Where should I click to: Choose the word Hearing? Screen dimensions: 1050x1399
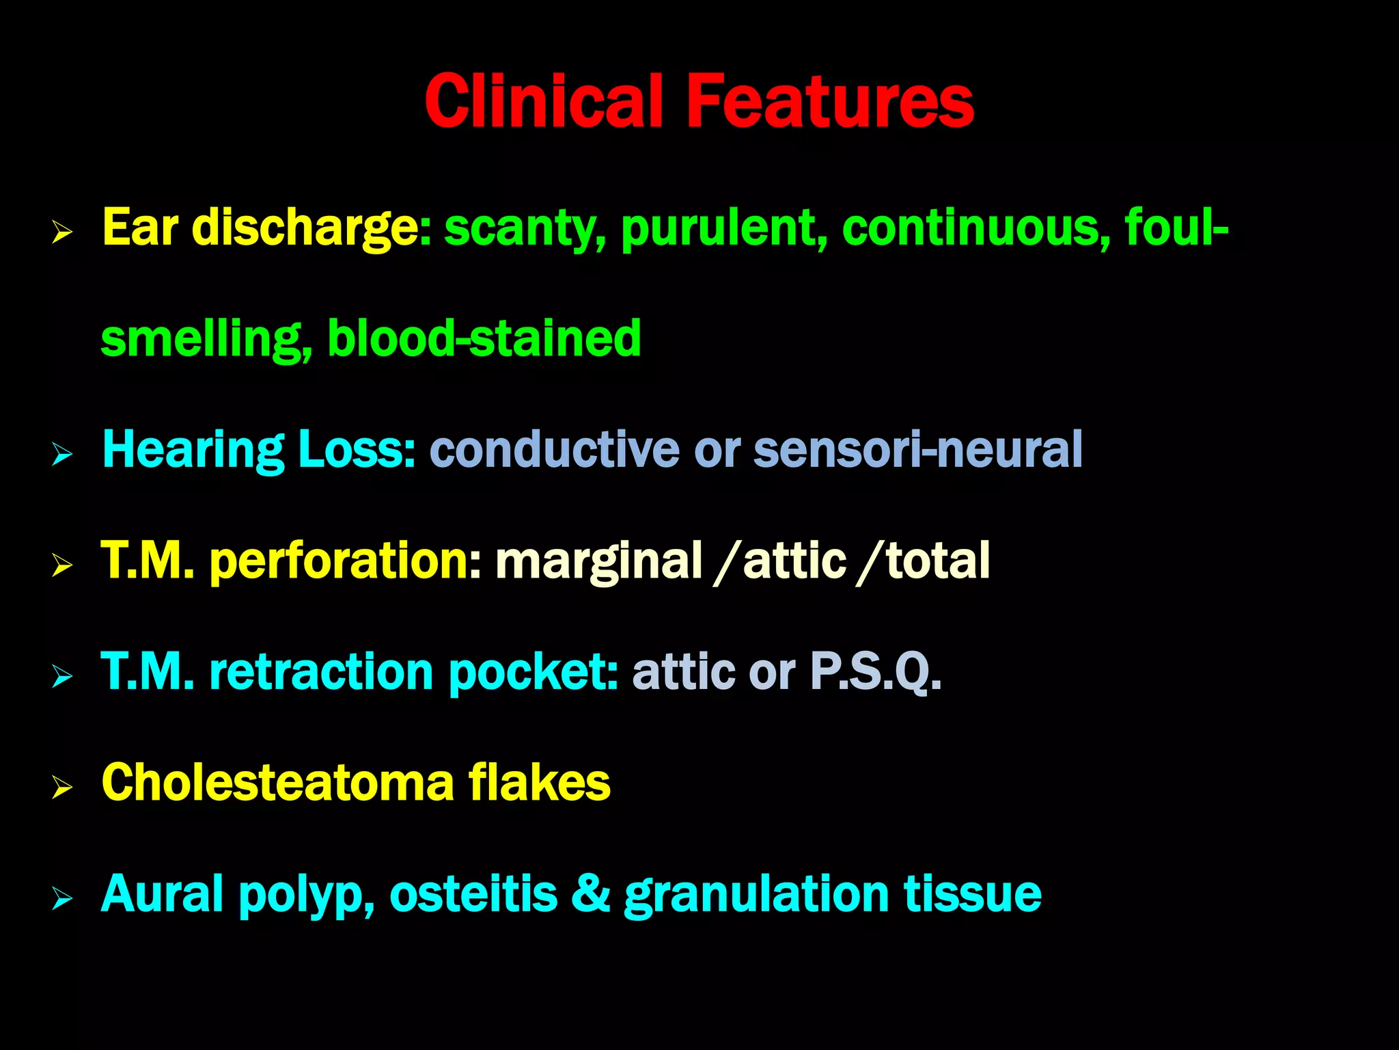(193, 450)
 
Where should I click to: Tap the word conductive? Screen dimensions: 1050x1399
(554, 450)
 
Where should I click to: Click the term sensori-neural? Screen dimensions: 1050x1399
(917, 450)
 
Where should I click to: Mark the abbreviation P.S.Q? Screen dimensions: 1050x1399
(875, 671)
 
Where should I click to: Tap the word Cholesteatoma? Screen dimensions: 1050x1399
(277, 782)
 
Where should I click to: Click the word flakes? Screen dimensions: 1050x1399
(539, 782)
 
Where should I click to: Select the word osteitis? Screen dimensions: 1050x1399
(473, 893)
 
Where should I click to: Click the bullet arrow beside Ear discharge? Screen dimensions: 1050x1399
(62, 233)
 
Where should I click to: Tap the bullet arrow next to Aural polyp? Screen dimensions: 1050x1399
(62, 899)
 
